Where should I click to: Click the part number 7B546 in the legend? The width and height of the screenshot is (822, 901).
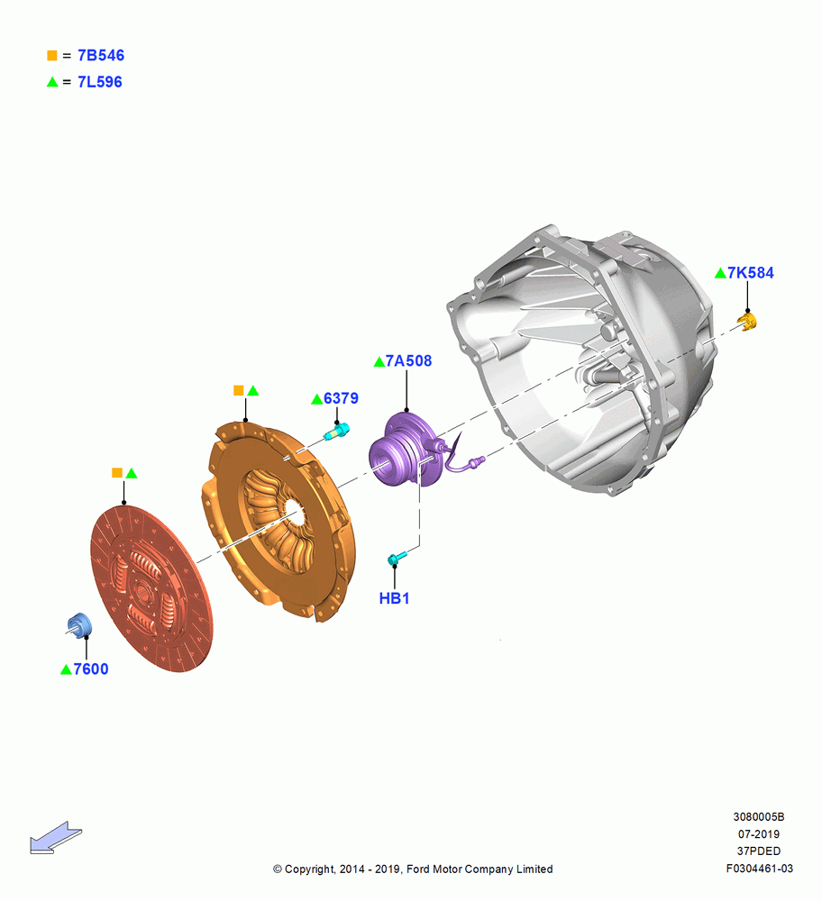tap(101, 55)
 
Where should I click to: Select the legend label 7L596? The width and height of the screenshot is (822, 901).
tap(99, 82)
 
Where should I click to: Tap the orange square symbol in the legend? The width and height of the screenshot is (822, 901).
tap(51, 56)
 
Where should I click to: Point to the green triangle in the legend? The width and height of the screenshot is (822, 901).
tap(52, 82)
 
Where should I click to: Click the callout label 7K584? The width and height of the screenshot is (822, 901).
tap(750, 272)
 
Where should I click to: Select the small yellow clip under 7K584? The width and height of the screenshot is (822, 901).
tap(747, 322)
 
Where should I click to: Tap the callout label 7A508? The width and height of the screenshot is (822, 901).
tap(408, 361)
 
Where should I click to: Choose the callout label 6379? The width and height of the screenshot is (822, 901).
tap(341, 398)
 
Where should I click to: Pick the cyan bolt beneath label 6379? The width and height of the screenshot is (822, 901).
tap(337, 432)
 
